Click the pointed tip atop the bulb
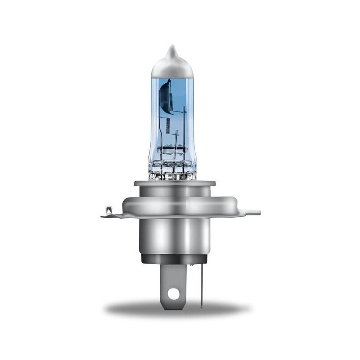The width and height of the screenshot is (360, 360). (171, 49)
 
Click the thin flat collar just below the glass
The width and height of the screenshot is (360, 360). (175, 183)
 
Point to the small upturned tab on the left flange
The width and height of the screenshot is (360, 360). (108, 210)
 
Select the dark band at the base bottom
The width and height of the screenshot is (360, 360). (174, 259)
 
